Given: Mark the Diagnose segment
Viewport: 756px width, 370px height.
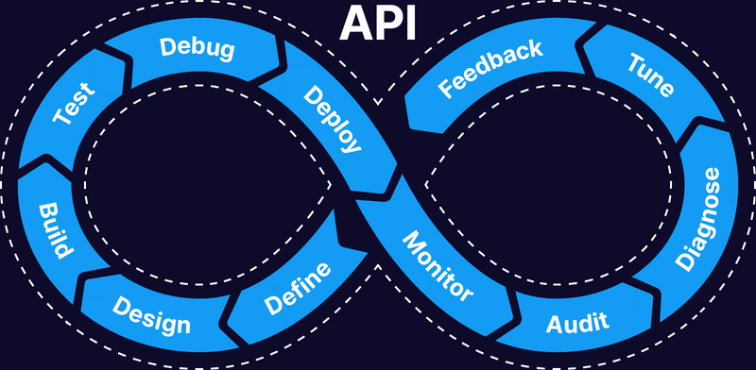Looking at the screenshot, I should [700, 217].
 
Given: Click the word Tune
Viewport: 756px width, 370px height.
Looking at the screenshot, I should [651, 75].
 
